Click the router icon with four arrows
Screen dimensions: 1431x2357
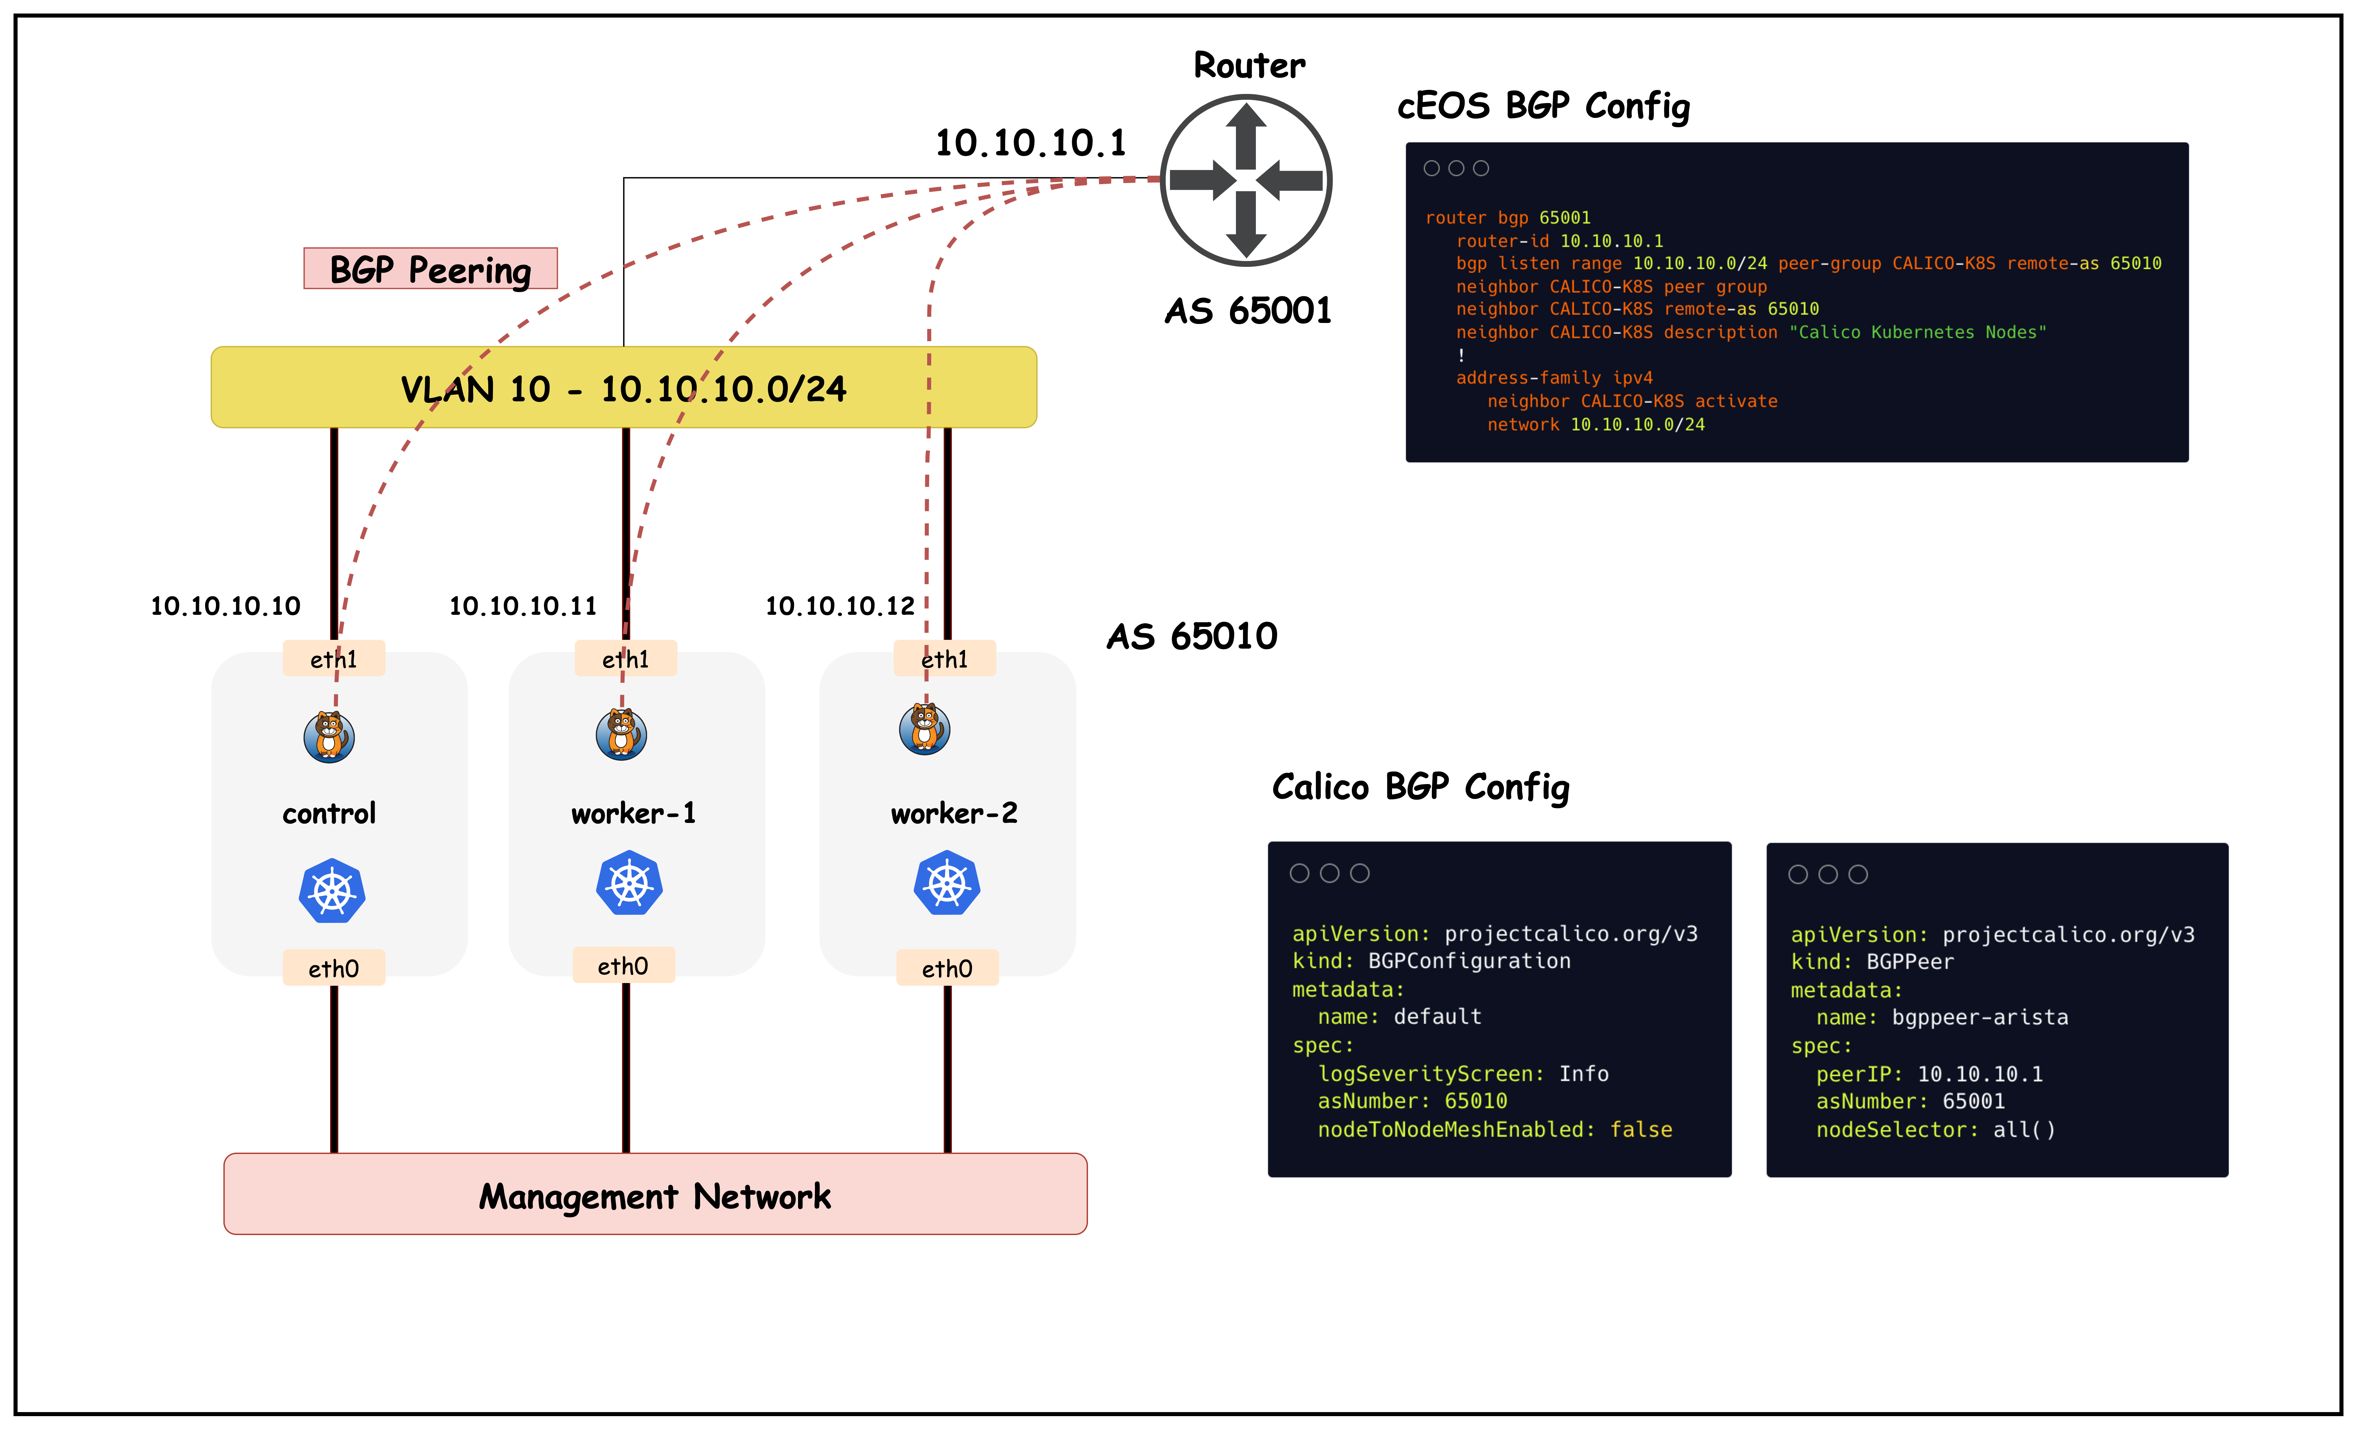click(x=1245, y=180)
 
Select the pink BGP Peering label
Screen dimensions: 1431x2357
click(x=430, y=269)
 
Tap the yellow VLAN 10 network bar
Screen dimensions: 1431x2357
click(x=624, y=387)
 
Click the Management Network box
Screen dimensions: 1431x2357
click(x=655, y=1195)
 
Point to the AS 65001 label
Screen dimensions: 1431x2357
click(x=1247, y=311)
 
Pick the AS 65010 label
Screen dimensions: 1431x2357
click(x=1192, y=636)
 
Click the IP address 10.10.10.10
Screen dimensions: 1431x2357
click(x=226, y=605)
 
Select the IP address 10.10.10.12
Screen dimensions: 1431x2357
click(x=840, y=605)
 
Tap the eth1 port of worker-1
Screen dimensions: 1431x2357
click(x=626, y=659)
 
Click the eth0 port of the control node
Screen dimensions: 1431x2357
click(x=334, y=968)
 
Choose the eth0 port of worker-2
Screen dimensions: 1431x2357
click(x=947, y=968)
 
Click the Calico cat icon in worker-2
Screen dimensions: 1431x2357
click(x=924, y=729)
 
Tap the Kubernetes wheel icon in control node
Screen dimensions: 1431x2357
click(x=332, y=890)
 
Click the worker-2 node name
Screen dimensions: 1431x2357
click(x=954, y=813)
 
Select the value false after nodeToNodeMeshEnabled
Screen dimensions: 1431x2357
click(x=1640, y=1130)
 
